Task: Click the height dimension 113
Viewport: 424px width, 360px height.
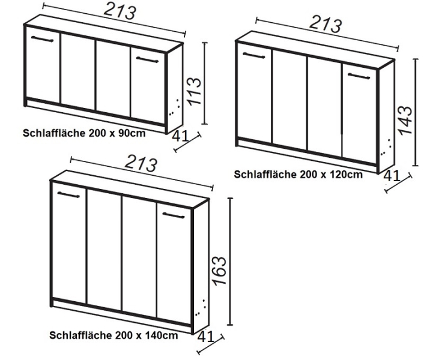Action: point(194,91)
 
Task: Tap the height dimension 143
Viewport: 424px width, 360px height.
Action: point(405,120)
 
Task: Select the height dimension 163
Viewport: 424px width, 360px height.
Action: point(219,271)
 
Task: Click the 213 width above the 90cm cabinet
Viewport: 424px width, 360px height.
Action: point(120,11)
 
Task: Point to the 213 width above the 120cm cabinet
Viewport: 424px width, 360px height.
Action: point(326,24)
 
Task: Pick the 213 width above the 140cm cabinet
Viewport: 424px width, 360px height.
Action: point(141,163)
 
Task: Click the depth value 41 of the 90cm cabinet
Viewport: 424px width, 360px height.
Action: point(180,136)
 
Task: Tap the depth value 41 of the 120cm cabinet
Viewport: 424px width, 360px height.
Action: point(392,176)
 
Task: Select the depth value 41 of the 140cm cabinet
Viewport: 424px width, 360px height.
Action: point(206,337)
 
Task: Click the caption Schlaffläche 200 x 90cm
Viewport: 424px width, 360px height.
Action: point(84,133)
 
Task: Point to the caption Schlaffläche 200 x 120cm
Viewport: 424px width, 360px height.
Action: point(298,174)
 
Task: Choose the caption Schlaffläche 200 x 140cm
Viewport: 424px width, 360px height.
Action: point(114,335)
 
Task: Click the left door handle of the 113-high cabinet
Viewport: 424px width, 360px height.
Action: point(43,39)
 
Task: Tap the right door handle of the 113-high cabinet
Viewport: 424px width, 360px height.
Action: point(147,59)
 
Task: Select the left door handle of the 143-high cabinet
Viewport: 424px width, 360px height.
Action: point(253,55)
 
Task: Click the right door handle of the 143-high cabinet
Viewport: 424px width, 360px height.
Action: point(359,76)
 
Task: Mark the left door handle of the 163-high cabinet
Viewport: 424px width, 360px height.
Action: point(68,195)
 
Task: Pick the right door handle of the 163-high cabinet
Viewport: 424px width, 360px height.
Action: point(174,215)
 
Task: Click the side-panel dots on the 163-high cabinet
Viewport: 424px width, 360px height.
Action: point(201,308)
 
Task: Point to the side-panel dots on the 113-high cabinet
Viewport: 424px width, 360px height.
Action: point(174,108)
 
